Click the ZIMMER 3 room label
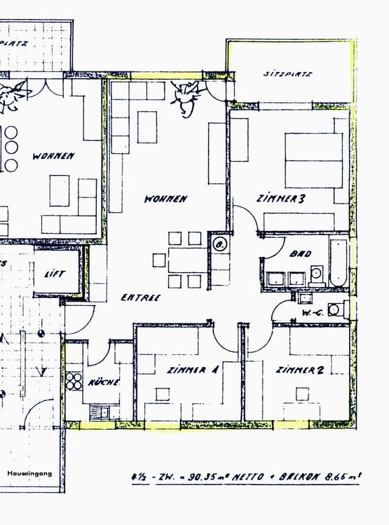point(280,199)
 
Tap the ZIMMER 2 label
point(299,370)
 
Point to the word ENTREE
point(140,297)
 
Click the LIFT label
point(54,274)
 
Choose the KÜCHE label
point(104,382)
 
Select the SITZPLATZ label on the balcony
point(287,73)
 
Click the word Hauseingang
point(29,473)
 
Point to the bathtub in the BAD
point(338,262)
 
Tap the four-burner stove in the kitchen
point(74,381)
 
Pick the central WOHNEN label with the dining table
point(165,199)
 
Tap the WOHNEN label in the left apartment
point(53,156)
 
